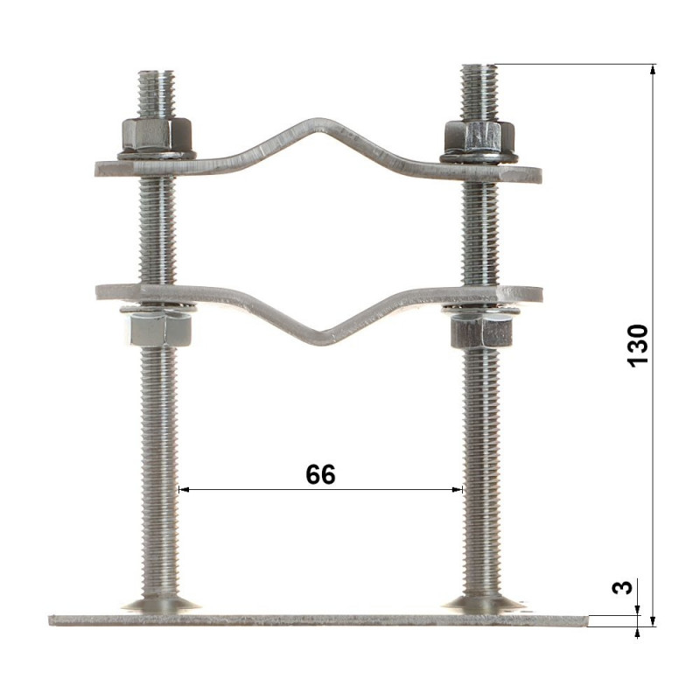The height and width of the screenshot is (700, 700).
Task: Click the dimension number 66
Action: point(320,474)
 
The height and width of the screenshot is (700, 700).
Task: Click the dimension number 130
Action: point(638,346)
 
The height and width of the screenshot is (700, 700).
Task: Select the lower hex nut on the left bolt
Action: point(161,329)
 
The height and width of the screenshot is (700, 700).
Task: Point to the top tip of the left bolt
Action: point(157,71)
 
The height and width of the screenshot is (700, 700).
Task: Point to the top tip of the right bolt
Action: point(479,66)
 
